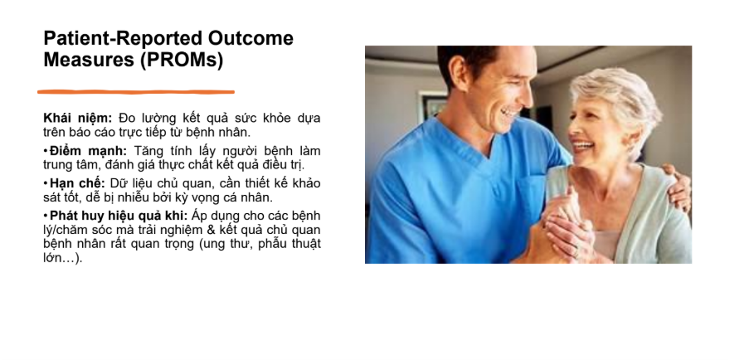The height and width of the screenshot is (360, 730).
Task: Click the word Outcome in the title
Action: [251, 38]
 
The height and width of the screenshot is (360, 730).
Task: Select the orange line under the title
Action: [136, 92]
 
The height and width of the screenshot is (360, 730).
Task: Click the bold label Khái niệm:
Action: [78, 119]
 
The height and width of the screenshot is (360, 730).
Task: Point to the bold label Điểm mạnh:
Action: [88, 151]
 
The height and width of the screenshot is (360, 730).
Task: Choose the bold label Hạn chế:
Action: [77, 184]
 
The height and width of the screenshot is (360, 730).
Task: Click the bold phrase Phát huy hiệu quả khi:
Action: [119, 216]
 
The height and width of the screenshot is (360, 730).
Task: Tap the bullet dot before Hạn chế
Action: [46, 183]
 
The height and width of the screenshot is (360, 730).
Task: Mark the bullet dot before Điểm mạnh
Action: [46, 151]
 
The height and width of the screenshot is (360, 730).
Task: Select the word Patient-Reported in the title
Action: [124, 38]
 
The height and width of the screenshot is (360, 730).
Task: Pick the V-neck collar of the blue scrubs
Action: [484, 149]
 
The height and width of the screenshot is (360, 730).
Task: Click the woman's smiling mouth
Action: [583, 147]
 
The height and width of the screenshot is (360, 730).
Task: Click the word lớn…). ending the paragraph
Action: [63, 259]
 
